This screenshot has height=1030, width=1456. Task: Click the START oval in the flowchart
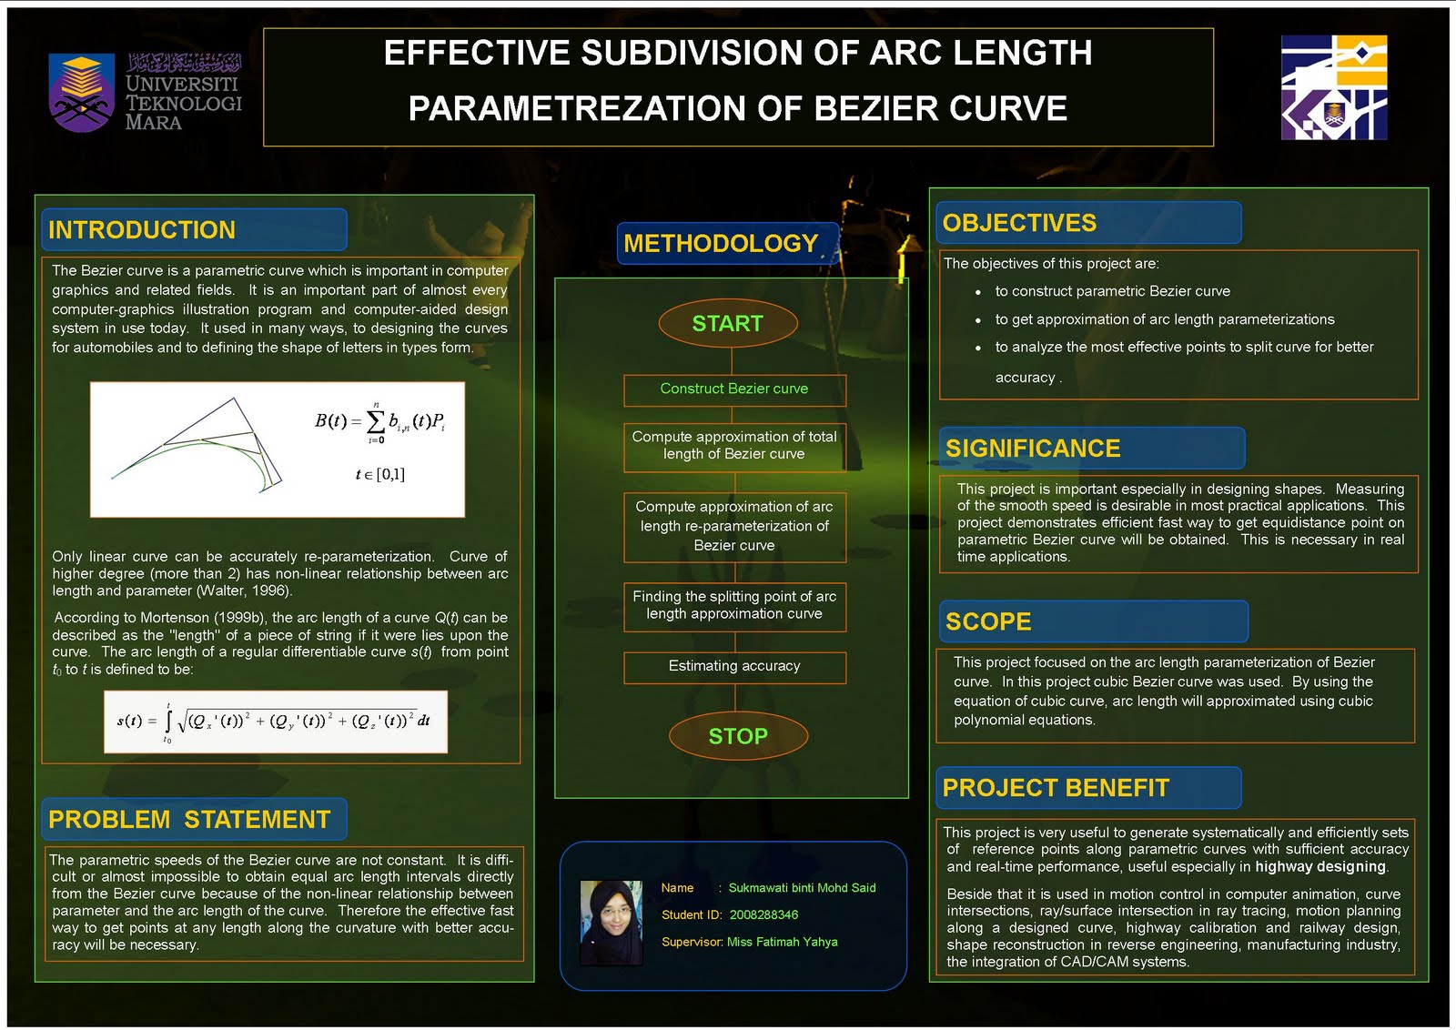[727, 323]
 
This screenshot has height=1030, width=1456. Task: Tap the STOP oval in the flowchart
[738, 736]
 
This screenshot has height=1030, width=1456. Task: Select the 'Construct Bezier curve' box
[734, 389]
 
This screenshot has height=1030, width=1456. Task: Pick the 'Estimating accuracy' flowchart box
[734, 667]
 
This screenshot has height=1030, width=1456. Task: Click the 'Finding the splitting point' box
[734, 606]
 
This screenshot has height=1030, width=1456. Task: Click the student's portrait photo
[611, 923]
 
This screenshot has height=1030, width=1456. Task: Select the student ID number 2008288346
[763, 914]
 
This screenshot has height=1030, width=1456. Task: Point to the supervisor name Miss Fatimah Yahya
[782, 942]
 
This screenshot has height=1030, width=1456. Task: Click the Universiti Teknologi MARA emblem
[82, 93]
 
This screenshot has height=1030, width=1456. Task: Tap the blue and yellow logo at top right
[1333, 87]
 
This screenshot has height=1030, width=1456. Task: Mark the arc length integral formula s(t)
[276, 722]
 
